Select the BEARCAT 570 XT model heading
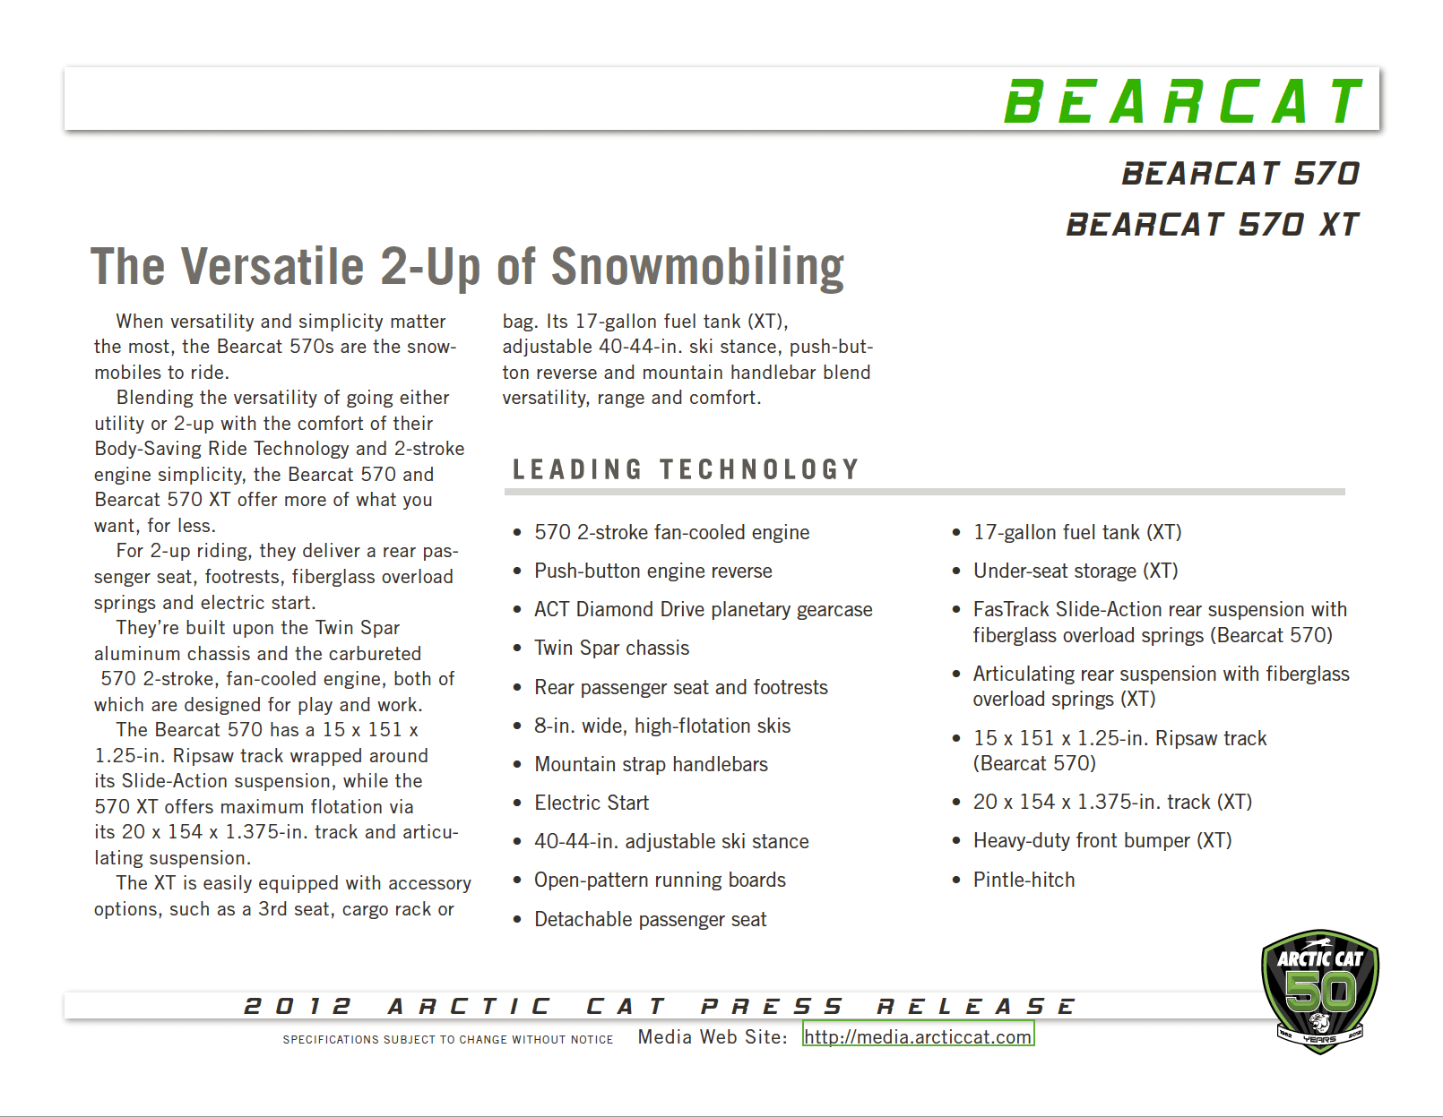[1212, 224]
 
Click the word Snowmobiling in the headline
[697, 267]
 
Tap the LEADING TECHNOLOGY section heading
[686, 469]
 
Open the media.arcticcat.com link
[918, 1036]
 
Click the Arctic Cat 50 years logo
[1319, 991]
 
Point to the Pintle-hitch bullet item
[1024, 880]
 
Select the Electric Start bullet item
[592, 803]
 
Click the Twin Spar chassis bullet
[611, 648]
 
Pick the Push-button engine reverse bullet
[652, 571]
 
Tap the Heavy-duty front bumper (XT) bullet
[1102, 840]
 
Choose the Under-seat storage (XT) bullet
[1076, 571]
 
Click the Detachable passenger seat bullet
[650, 919]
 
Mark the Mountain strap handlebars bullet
[651, 764]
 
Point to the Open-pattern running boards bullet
[660, 880]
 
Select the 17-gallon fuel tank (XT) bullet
[1077, 532]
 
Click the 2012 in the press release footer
[298, 1006]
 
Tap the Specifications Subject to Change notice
[448, 1039]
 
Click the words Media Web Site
[712, 1036]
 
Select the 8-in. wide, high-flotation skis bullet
[662, 726]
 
